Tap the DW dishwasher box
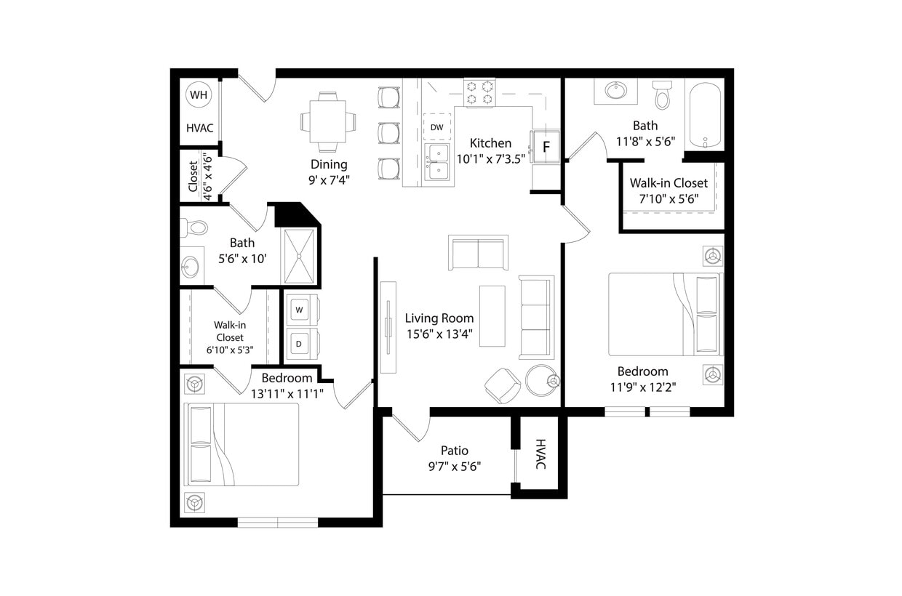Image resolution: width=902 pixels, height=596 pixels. tap(436, 127)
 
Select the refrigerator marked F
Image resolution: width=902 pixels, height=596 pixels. tap(546, 148)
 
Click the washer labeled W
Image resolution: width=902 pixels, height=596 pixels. tap(299, 310)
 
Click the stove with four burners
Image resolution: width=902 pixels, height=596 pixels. tap(479, 93)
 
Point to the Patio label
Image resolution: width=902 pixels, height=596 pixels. tap(455, 451)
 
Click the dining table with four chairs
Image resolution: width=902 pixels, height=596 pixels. tap(328, 121)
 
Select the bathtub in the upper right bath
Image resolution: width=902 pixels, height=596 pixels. tap(705, 115)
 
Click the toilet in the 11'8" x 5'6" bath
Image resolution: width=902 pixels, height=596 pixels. tap(662, 95)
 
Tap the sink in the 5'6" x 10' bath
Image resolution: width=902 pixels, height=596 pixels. tap(191, 267)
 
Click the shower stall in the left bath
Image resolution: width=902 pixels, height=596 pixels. tap(299, 255)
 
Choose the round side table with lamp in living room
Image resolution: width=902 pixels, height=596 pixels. tap(541, 380)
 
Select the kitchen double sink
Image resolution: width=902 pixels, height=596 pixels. tap(438, 161)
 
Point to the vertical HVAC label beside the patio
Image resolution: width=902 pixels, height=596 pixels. tap(540, 454)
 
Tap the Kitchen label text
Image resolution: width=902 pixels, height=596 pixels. tap(490, 143)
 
